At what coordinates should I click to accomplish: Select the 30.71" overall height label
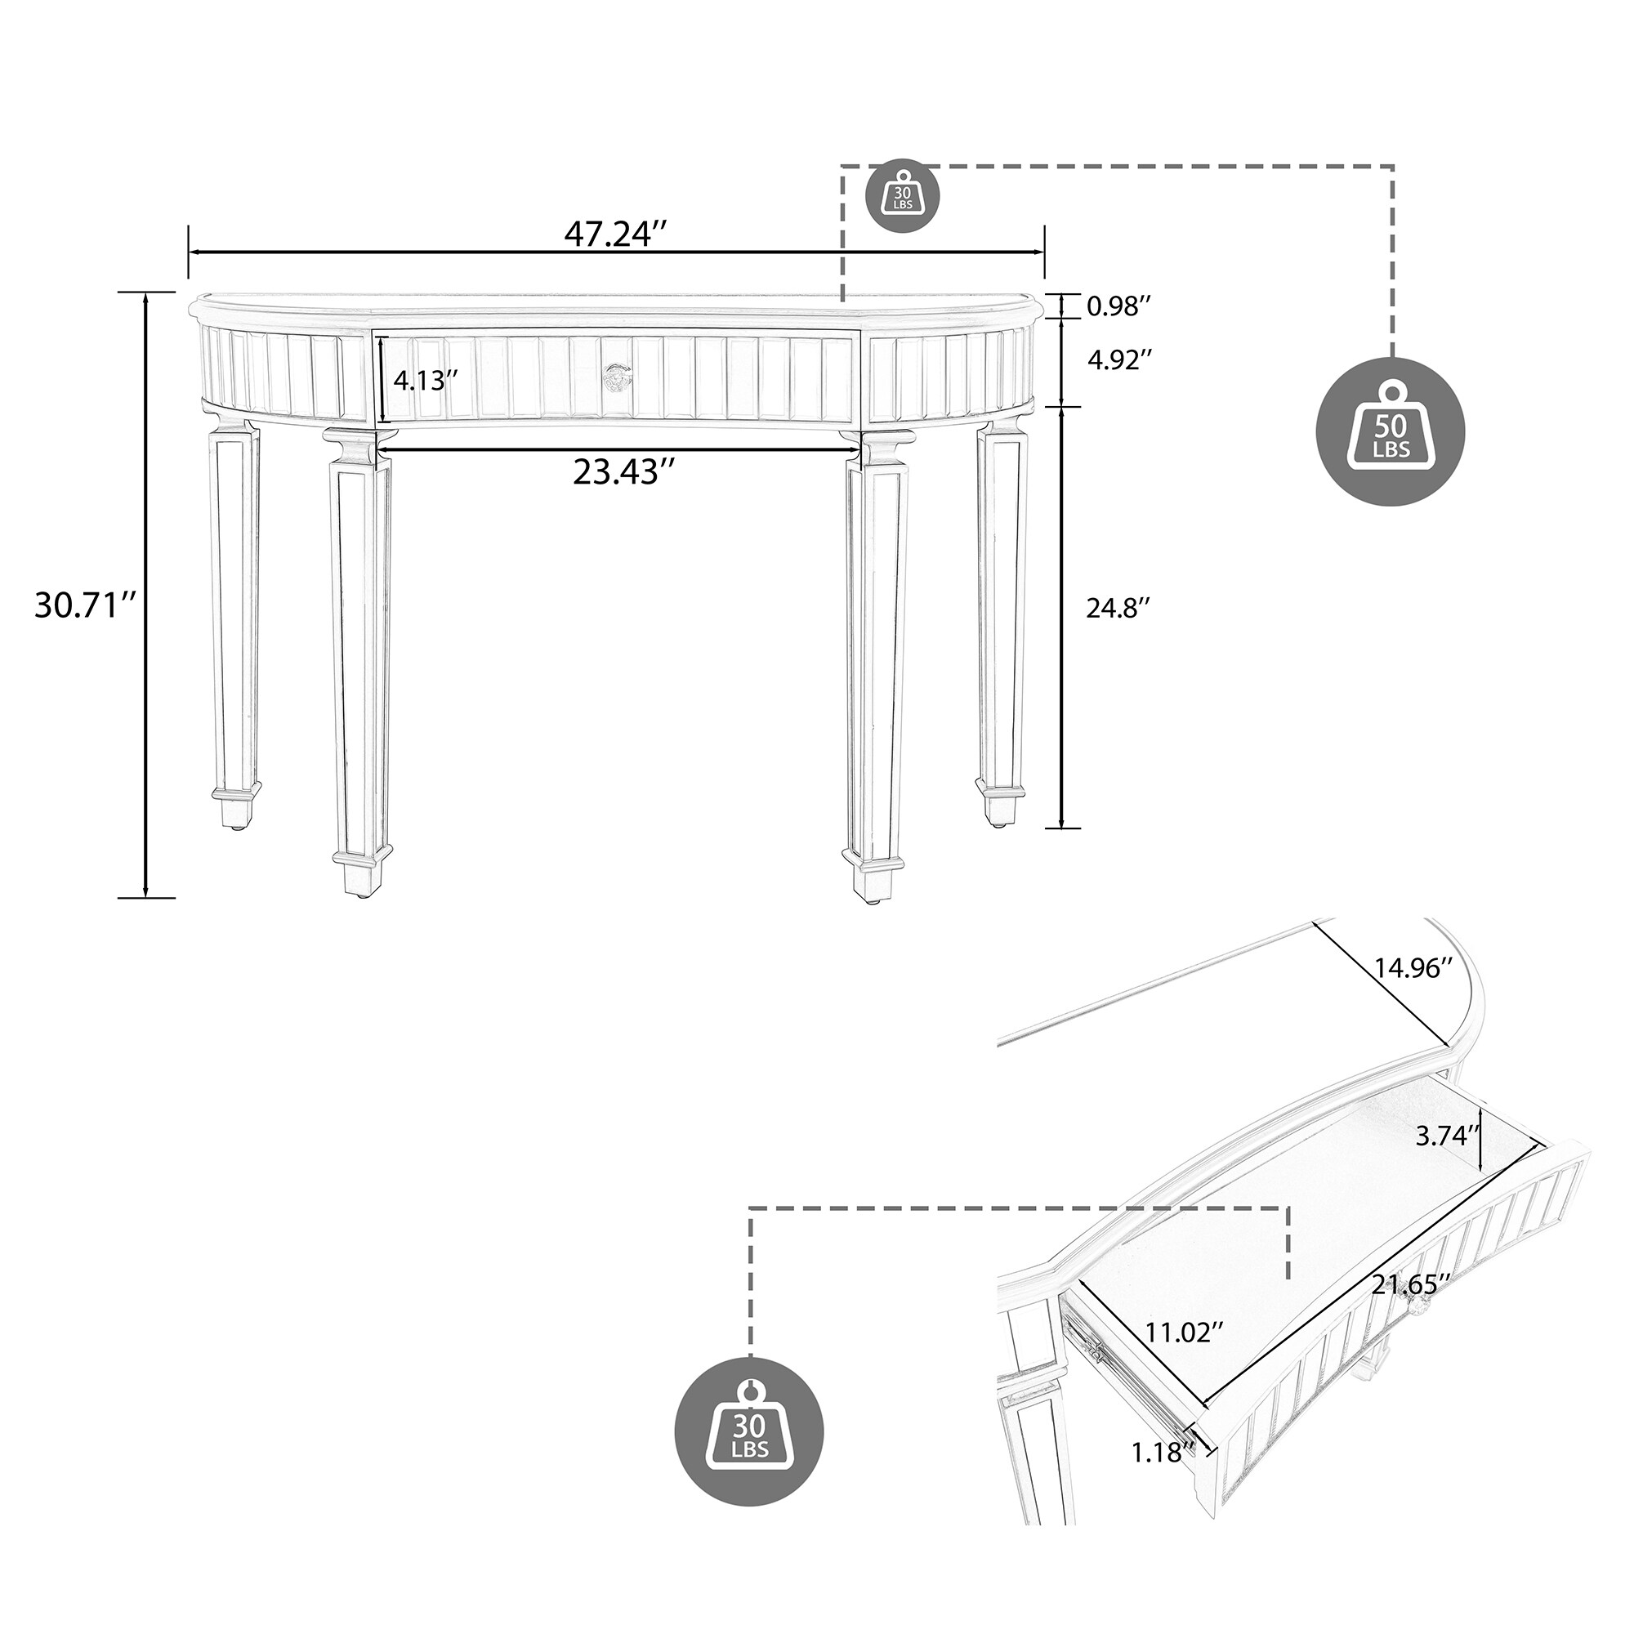coord(86,605)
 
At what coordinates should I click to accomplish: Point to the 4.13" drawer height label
coord(419,381)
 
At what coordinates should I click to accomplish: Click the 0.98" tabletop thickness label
coord(1119,306)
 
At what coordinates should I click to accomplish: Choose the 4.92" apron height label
coord(1119,360)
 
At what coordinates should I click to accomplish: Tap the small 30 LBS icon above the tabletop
coord(904,199)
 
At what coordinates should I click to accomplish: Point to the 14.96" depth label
coord(1412,968)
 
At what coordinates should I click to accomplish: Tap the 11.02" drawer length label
coord(1184,1355)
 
